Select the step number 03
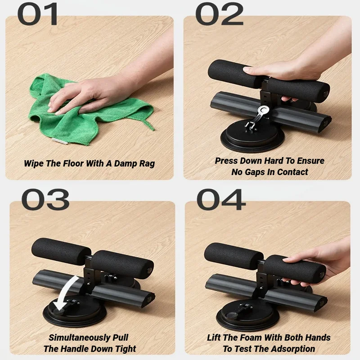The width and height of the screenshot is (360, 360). [45, 199]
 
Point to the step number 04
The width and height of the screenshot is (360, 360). [221, 199]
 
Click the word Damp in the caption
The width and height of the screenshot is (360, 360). [121, 163]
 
